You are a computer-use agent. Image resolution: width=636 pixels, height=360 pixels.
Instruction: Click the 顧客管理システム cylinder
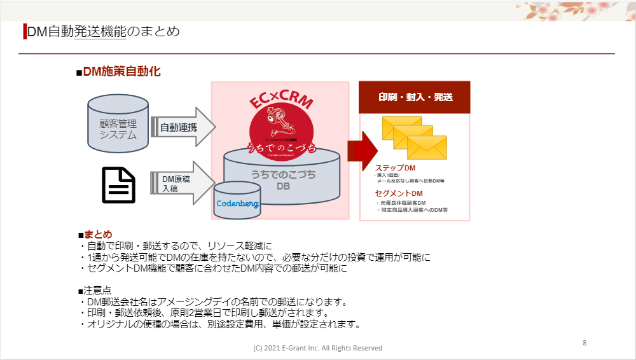coord(118,123)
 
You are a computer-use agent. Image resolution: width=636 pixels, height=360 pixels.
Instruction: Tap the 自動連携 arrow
coord(182,127)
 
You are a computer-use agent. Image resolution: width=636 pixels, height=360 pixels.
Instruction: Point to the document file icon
coord(119,184)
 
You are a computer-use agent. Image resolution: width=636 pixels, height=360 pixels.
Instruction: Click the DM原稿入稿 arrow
coord(181,184)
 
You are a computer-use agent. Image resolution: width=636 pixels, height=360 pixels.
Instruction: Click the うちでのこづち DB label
coord(283,180)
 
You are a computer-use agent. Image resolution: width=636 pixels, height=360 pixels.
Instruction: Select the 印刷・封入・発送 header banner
coord(415,97)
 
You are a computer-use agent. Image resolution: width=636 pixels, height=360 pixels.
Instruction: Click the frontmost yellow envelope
coord(427,148)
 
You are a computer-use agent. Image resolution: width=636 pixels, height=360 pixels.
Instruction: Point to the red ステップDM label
coord(395,168)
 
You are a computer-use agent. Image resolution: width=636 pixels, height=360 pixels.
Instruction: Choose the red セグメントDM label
coord(399,193)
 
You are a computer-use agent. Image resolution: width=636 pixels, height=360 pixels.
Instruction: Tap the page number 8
coord(584,343)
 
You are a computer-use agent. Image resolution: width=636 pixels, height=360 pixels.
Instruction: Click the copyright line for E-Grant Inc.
coord(317,348)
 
